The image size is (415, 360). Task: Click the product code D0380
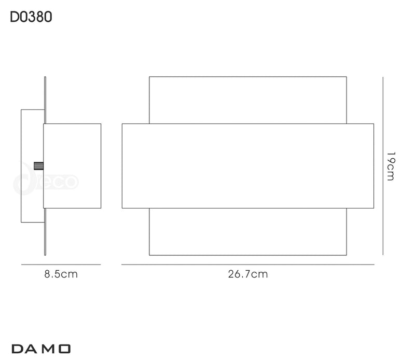click(x=31, y=18)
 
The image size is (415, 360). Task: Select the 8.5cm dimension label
click(x=61, y=274)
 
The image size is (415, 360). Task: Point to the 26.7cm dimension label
click(x=248, y=274)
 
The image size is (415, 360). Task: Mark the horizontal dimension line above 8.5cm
click(x=61, y=265)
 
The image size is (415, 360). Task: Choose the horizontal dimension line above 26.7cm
click(x=248, y=265)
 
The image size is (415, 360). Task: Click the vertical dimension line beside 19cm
click(x=382, y=166)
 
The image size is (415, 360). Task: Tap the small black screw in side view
click(x=38, y=165)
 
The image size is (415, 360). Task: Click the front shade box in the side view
click(x=72, y=166)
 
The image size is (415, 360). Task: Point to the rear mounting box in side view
click(x=32, y=135)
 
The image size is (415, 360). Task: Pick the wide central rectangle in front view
click(x=248, y=166)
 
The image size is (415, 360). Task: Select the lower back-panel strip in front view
click(x=248, y=231)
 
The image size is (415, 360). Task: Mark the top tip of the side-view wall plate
click(x=45, y=78)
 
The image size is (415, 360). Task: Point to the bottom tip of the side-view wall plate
click(x=45, y=255)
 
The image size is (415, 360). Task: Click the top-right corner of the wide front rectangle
click(x=374, y=124)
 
